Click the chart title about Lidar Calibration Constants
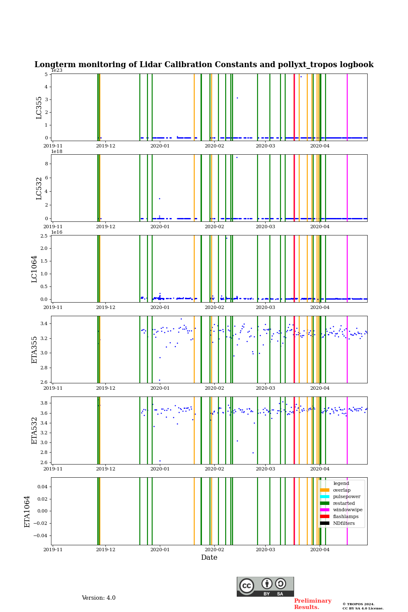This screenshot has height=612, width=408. coord(204,65)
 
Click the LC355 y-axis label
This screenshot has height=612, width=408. coord(39,108)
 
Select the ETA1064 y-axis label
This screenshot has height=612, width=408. coord(27,511)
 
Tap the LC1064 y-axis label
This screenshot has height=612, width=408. coord(34,269)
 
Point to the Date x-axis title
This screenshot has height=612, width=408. coord(209,558)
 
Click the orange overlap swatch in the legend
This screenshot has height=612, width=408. coord(325,490)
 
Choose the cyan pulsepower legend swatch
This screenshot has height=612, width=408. coord(325,497)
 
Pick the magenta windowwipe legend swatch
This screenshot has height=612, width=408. coord(325,510)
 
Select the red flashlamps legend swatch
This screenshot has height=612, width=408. coord(325,517)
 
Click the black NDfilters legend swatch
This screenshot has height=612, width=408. coord(325,523)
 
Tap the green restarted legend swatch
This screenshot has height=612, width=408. coord(325,503)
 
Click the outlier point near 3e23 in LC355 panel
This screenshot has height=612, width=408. coord(237,98)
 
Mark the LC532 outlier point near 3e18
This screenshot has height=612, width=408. coord(159,198)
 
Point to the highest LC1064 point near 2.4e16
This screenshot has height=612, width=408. coord(227,238)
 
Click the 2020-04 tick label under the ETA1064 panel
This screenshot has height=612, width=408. coord(320,550)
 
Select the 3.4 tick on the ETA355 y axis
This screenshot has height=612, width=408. coord(43,323)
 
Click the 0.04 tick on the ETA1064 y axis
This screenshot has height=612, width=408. coord(42,487)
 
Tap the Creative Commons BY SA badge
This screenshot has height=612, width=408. coord(265,586)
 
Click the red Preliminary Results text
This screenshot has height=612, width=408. coord(312,604)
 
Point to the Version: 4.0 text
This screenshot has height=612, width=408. coord(99,598)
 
